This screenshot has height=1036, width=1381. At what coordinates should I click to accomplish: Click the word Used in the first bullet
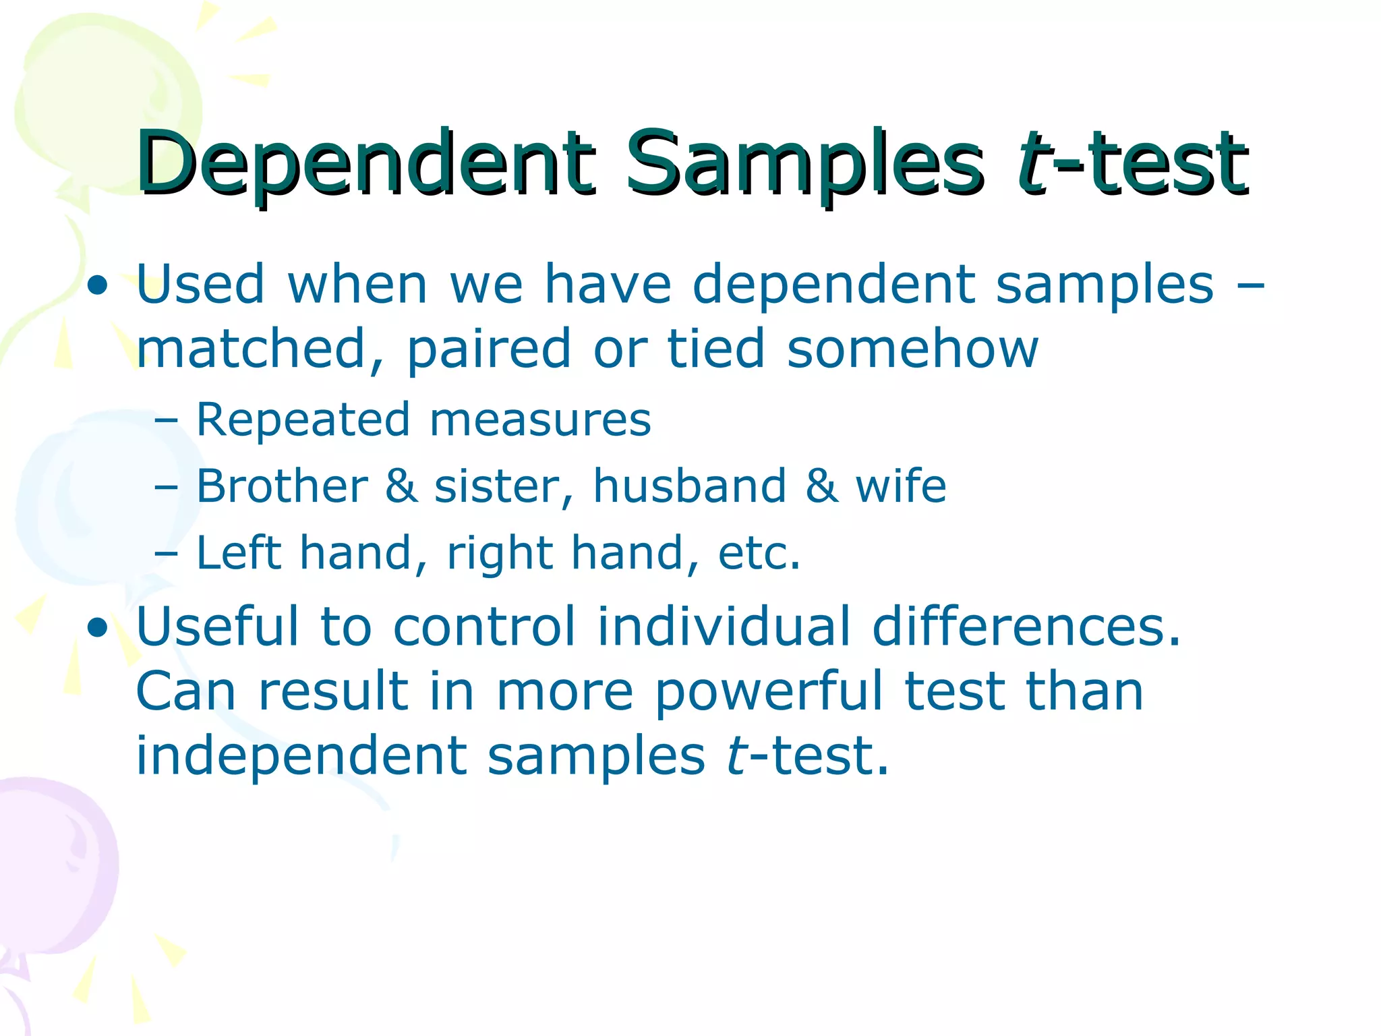pyautogui.click(x=200, y=284)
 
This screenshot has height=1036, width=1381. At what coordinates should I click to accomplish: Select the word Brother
pyautogui.click(x=282, y=486)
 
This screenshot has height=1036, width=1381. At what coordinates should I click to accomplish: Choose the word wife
pyautogui.click(x=901, y=486)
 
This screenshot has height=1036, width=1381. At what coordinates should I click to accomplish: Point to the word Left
pyautogui.click(x=238, y=552)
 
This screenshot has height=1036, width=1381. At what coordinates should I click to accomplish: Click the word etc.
pyautogui.click(x=759, y=554)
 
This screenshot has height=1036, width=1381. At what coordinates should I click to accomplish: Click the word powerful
pyautogui.click(x=769, y=693)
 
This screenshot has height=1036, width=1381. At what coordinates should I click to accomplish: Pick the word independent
pyautogui.click(x=301, y=757)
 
